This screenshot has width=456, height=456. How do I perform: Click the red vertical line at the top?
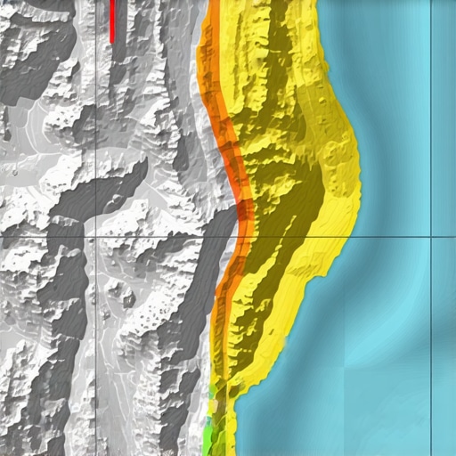(x=112, y=20)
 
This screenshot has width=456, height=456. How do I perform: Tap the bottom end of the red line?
(x=112, y=41)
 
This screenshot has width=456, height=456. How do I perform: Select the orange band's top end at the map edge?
(x=214, y=4)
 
